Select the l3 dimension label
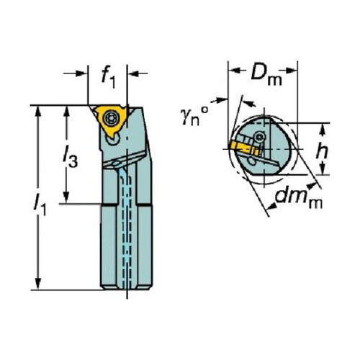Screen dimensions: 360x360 [x=70, y=159]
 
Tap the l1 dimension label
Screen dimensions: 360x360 [x=40, y=205]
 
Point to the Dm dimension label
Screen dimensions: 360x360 [x=266, y=74]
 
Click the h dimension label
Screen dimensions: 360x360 [x=322, y=150]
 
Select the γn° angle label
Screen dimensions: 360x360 [x=194, y=116]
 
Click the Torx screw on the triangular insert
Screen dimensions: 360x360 [x=111, y=117]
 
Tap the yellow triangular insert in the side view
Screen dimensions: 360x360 [x=110, y=121]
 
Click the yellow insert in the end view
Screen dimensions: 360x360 [x=243, y=148]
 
